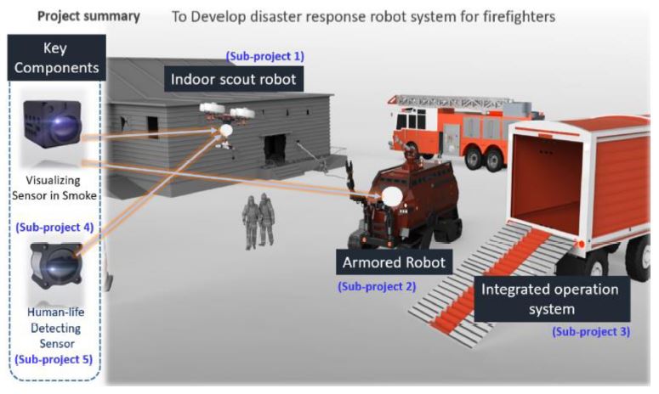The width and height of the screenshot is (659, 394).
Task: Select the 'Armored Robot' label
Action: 393,262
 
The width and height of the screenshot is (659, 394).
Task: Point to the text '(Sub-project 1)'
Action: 264,56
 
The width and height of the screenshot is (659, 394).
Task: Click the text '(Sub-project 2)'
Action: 377,286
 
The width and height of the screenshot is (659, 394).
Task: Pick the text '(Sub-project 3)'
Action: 591,331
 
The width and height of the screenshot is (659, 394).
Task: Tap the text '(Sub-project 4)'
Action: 54,227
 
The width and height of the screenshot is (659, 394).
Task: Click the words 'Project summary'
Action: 89,16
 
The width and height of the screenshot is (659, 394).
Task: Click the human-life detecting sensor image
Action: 55,263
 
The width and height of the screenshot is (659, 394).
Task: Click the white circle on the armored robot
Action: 392,197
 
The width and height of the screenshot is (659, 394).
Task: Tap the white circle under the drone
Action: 226,131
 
